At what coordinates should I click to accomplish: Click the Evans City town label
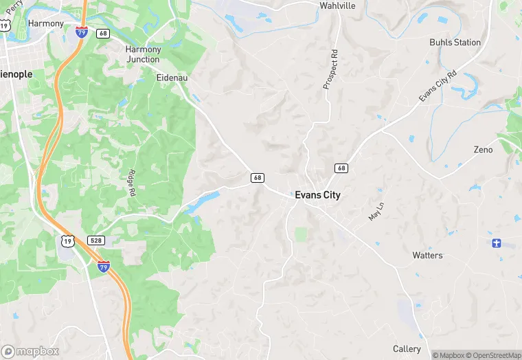tap(317, 195)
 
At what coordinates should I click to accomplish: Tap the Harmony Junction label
tap(143, 54)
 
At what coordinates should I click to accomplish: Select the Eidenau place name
tap(172, 78)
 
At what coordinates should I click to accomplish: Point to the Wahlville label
tap(337, 5)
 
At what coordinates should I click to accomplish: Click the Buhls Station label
tap(455, 42)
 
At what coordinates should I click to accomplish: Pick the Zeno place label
tap(483, 150)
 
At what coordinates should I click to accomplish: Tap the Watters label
tap(427, 256)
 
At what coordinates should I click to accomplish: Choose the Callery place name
tap(407, 349)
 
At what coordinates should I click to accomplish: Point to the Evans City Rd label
tap(438, 86)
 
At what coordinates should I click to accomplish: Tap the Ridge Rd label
tap(130, 182)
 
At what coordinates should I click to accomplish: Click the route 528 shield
tap(95, 240)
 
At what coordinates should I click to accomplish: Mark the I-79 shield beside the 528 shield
tap(103, 266)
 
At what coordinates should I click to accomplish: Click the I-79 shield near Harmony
tap(81, 32)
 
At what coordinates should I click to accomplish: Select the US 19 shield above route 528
tap(67, 240)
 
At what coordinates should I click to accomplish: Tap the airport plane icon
tap(497, 243)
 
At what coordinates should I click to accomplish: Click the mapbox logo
tap(30, 351)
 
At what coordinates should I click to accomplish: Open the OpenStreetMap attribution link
tap(493, 355)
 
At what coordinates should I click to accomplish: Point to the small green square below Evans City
tap(301, 234)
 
